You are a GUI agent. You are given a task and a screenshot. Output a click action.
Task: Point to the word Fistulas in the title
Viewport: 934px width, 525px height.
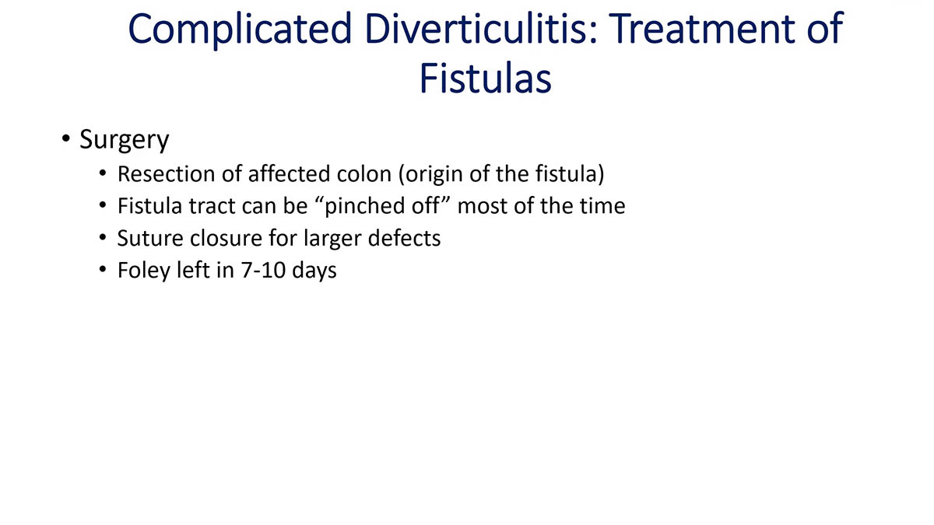[485, 79]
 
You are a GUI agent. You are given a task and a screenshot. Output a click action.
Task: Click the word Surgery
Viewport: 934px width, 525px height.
[124, 141]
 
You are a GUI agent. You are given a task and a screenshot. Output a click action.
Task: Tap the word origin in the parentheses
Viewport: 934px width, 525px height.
[432, 173]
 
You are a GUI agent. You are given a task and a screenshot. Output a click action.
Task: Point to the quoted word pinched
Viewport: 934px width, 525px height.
[370, 206]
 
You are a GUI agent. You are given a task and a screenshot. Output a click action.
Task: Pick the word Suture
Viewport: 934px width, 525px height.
[151, 238]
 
